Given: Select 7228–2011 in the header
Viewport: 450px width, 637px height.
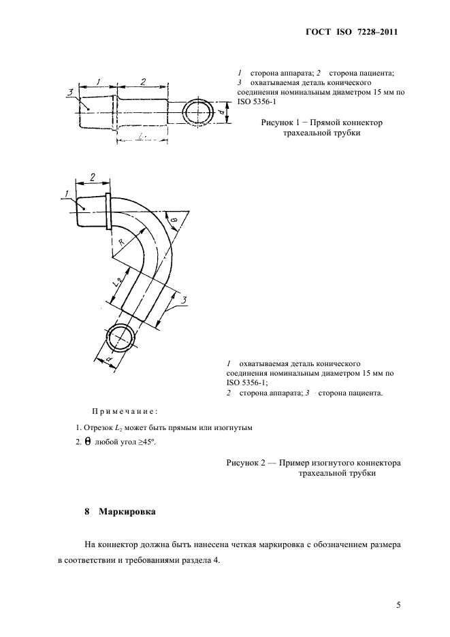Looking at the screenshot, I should [x=376, y=32].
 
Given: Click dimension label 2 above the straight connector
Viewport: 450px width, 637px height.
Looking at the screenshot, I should [x=143, y=82].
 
